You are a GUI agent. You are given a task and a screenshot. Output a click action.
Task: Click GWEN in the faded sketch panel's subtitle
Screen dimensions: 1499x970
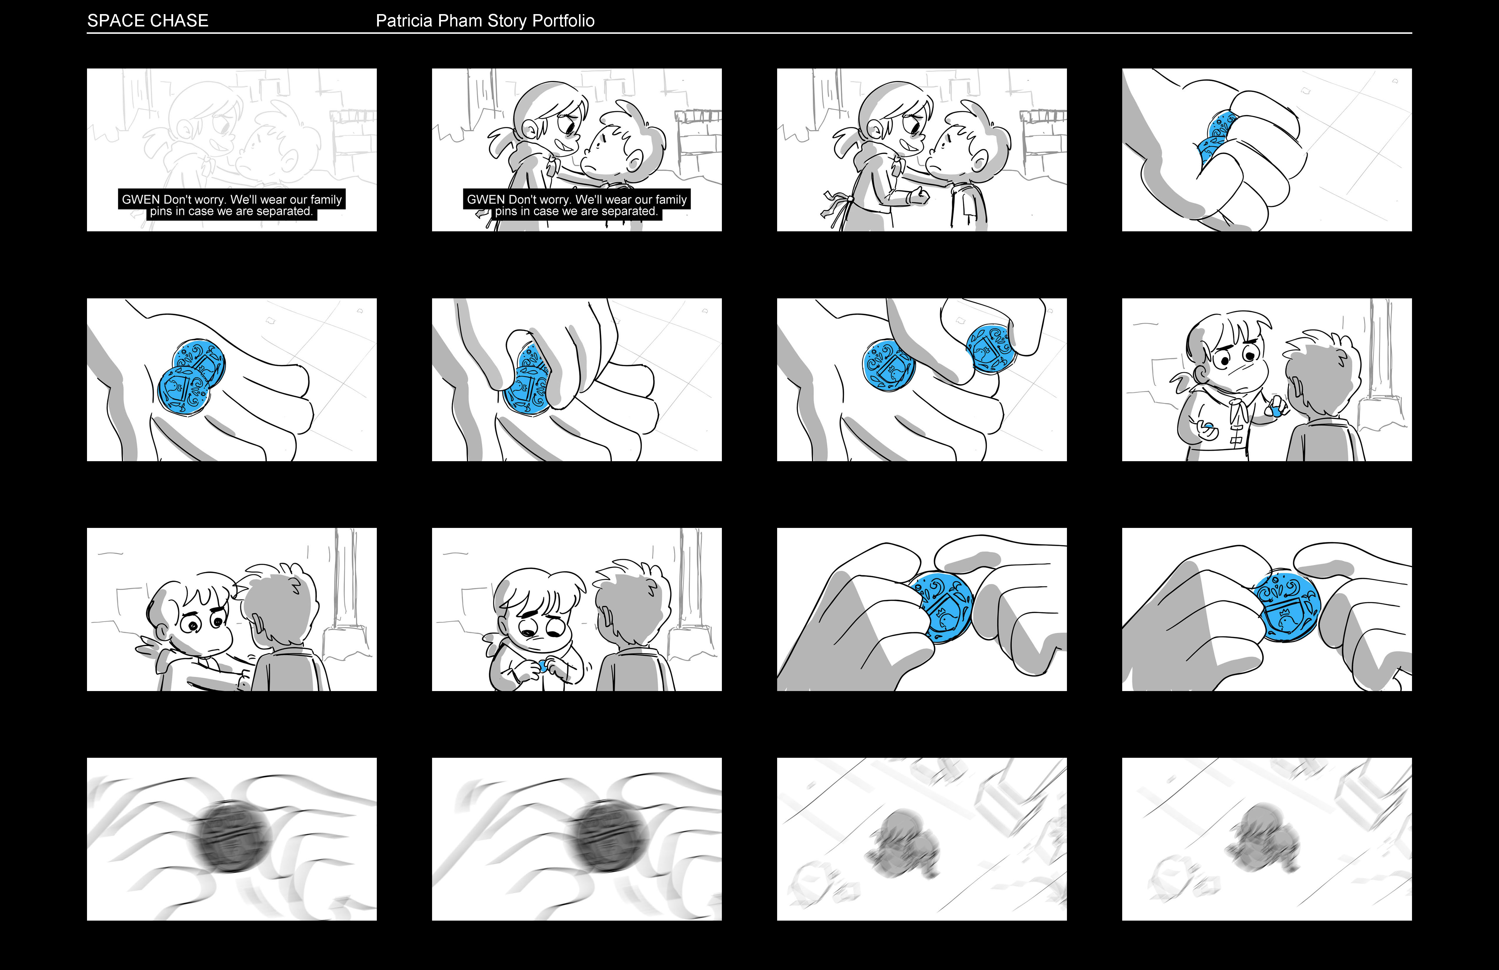pyautogui.click(x=140, y=200)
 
